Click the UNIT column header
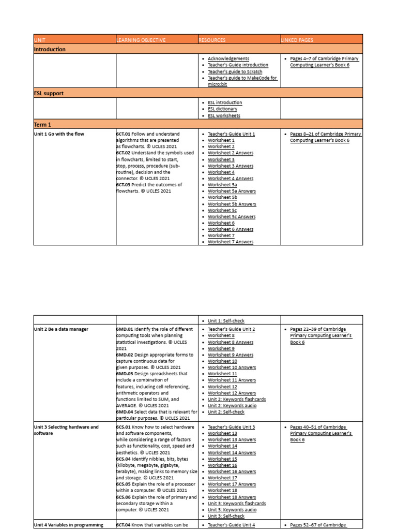pyautogui.click(x=40, y=40)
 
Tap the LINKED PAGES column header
pyautogui.click(x=297, y=40)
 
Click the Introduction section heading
pyautogui.click(x=50, y=49)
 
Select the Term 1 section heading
pyautogui.click(x=42, y=124)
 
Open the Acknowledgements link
pyautogui.click(x=228, y=59)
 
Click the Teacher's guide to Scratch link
pyautogui.click(x=235, y=72)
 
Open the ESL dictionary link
pyautogui.click(x=222, y=109)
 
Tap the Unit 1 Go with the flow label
pyautogui.click(x=58, y=134)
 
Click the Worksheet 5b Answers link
pyautogui.click(x=232, y=204)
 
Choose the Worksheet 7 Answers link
pyautogui.click(x=231, y=242)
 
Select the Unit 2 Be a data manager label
pyautogui.click(x=61, y=329)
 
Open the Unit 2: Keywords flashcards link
pyautogui.click(x=237, y=399)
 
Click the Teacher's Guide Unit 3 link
pyautogui.click(x=231, y=427)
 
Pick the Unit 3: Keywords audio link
pyautogui.click(x=232, y=510)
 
